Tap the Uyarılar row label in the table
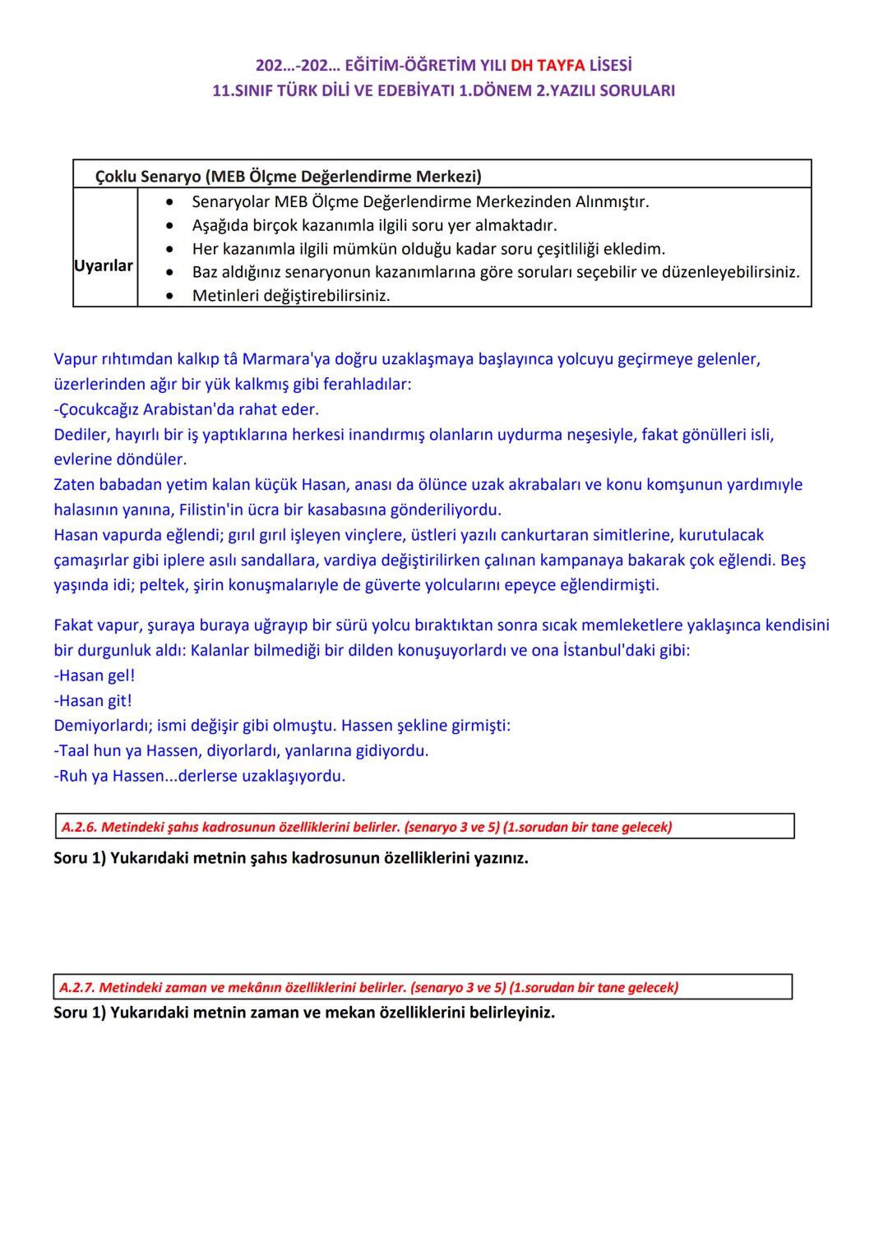click(104, 266)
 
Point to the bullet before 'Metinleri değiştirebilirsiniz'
click(169, 296)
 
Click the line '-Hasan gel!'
click(95, 676)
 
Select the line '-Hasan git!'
click(93, 701)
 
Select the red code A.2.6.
click(79, 827)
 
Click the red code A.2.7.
click(77, 987)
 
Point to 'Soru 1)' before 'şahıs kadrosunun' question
click(80, 858)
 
